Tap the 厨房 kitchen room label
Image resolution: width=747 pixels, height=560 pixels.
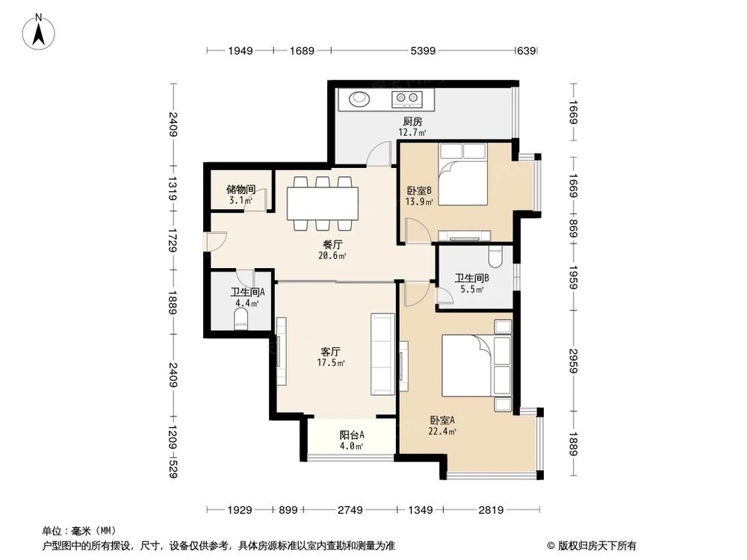412,122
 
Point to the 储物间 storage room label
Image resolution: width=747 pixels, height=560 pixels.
240,190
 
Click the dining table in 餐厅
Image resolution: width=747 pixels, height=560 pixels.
323,203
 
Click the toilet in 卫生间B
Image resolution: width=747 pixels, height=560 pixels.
494,258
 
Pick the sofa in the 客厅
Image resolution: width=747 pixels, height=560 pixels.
382,354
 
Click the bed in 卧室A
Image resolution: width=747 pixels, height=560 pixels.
475,366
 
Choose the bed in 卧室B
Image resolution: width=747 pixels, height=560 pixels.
462,175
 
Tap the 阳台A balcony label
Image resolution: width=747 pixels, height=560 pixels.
351,435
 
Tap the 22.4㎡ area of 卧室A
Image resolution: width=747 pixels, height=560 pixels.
443,431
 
